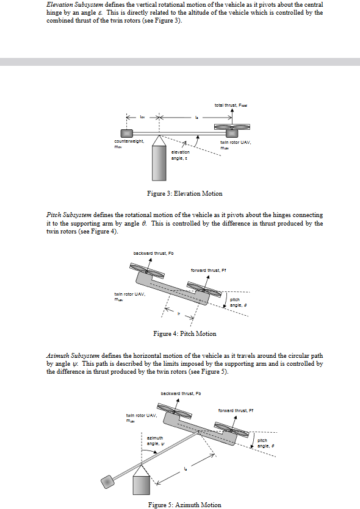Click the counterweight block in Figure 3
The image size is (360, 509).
click(x=126, y=133)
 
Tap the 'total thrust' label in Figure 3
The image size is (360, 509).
click(x=233, y=105)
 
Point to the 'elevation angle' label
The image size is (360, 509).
click(x=180, y=154)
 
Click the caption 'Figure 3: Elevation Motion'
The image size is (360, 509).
click(x=185, y=193)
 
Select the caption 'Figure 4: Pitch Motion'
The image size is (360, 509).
click(x=184, y=333)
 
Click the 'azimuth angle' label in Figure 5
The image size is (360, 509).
click(x=155, y=440)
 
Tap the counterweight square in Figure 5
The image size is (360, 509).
click(x=109, y=482)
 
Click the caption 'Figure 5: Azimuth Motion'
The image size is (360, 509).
click(x=185, y=505)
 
